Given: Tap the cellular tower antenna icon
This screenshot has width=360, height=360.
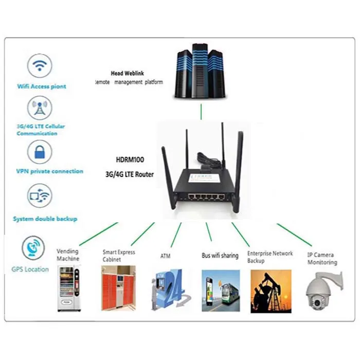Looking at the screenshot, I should (x=40, y=109).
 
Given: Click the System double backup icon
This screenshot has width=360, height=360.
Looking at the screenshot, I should (x=40, y=196).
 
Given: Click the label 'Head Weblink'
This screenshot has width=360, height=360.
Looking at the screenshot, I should (x=127, y=74).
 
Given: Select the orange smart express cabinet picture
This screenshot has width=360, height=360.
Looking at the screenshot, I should (x=118, y=288).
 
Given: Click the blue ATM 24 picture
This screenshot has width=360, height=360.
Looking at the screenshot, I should (x=168, y=291).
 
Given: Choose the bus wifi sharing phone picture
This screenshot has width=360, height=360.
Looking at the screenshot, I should (x=220, y=291).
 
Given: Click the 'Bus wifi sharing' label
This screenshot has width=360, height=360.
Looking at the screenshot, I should (x=220, y=256).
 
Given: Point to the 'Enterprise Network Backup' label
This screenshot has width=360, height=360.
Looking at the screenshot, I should (x=269, y=257).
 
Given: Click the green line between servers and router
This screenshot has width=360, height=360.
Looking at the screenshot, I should (x=201, y=111).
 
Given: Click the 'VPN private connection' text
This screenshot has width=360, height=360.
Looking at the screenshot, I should (x=50, y=171).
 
